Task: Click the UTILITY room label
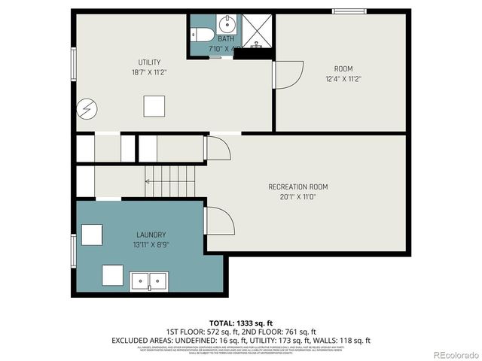click(149, 62)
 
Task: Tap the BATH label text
click(226, 39)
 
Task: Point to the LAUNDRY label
click(151, 235)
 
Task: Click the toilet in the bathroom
click(200, 34)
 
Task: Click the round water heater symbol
click(87, 109)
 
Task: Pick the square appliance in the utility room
click(154, 106)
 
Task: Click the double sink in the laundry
click(150, 281)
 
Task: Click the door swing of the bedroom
click(288, 74)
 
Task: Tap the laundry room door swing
click(219, 221)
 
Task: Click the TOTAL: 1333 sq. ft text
click(241, 321)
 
